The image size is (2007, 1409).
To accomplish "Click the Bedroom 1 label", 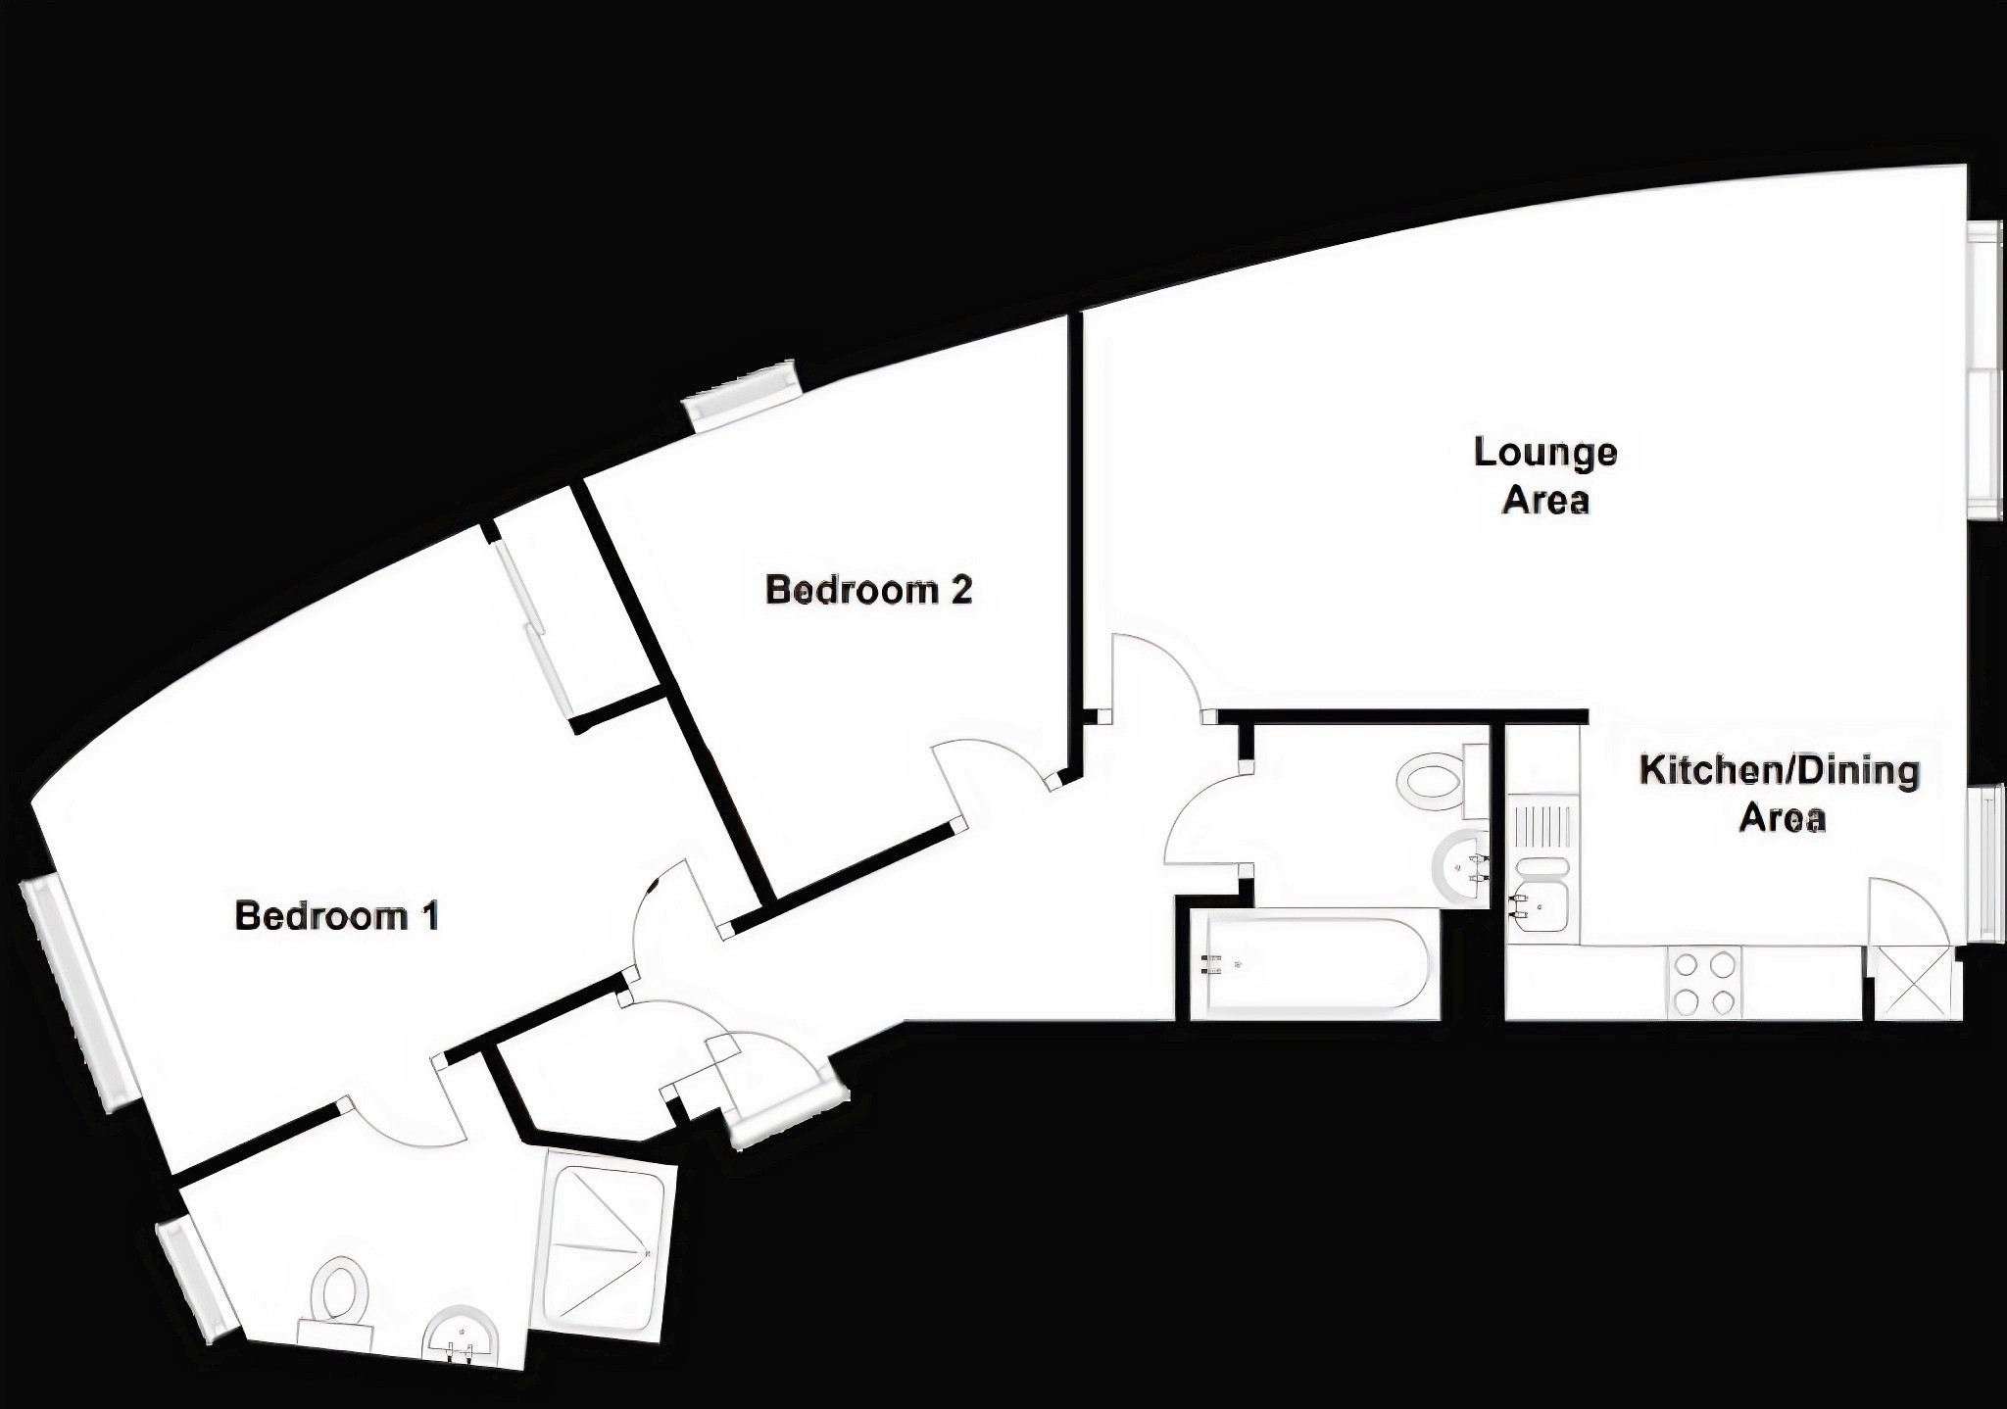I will coord(336,916).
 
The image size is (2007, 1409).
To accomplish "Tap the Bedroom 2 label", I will coord(868,590).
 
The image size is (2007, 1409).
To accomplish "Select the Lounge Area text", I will coord(1545,475).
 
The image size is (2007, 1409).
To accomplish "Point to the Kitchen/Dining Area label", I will coord(1780,793).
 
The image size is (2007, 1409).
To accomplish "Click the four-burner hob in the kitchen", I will coord(1702,983).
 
